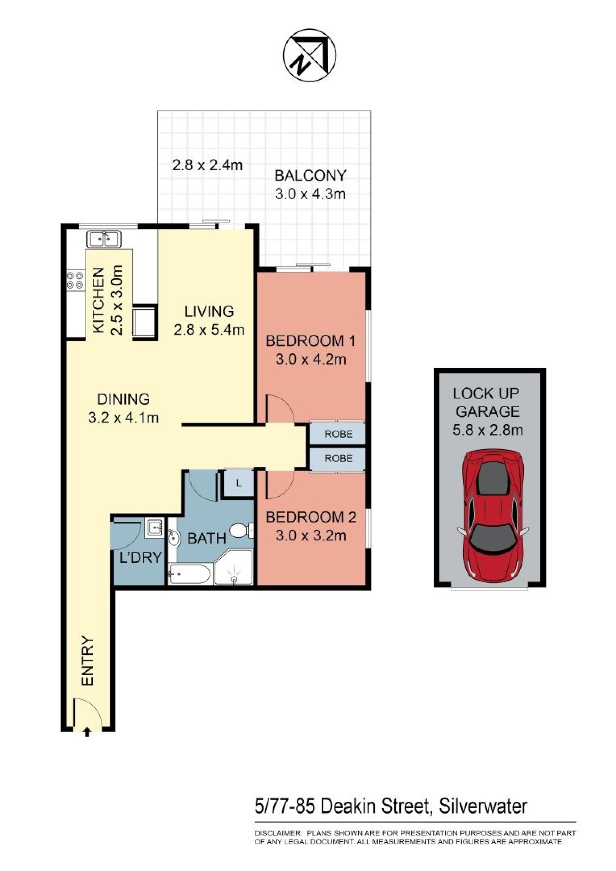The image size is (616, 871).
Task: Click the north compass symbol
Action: point(310,55)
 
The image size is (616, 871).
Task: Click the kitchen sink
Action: point(104,239)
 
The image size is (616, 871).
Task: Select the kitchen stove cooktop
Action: point(75,280)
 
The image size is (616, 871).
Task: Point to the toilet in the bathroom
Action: point(241,530)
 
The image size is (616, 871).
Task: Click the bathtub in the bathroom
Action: point(189,573)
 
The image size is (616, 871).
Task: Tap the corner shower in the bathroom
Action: point(233,568)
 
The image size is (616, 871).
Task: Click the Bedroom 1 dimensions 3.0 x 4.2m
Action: point(311,359)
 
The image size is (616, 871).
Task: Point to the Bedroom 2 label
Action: point(311,517)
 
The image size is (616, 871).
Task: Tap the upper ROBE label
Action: point(338,434)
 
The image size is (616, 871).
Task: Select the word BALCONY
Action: point(310,176)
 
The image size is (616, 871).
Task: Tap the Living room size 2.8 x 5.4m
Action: point(209,330)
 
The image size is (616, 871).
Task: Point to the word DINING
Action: point(124,399)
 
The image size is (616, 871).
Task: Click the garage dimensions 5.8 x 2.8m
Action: point(488,430)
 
